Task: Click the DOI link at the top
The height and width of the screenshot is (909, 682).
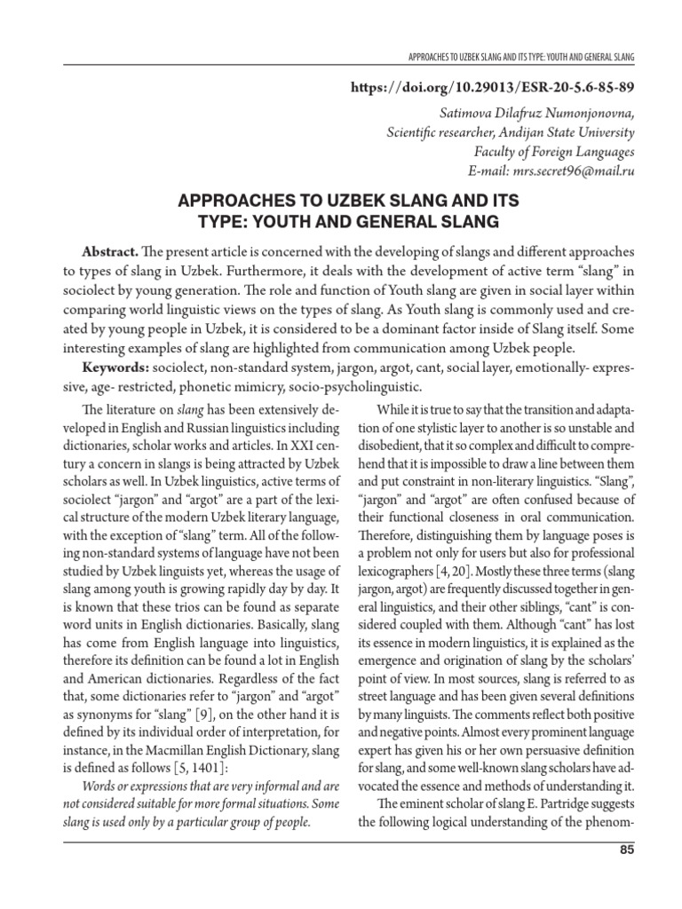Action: [x=490, y=91]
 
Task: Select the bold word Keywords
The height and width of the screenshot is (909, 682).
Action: [x=114, y=367]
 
